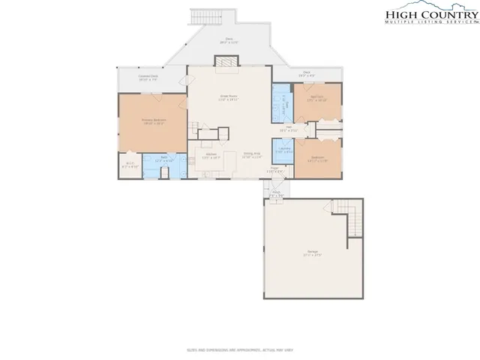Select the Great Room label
(228, 97)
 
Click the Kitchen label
(211, 155)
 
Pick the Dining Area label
(252, 155)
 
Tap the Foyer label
(275, 169)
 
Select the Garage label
(312, 253)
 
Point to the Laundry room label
(284, 150)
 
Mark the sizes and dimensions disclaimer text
(239, 349)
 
